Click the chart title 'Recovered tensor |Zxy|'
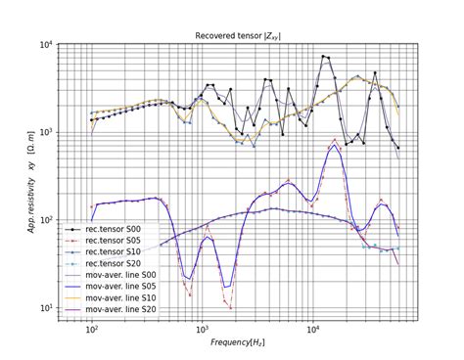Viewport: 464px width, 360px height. tap(238, 36)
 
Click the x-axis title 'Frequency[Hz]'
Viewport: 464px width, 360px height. tap(238, 342)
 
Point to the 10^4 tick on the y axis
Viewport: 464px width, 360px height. tap(48, 44)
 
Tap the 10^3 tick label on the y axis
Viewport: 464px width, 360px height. tap(48, 132)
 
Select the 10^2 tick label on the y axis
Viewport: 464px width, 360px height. tap(48, 220)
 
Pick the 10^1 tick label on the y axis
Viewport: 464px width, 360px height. tap(48, 308)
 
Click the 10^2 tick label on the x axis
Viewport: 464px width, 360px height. tap(92, 329)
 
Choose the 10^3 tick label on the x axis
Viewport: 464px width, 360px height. tap(203, 329)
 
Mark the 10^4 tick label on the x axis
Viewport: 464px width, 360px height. tap(313, 329)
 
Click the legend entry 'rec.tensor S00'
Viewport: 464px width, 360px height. tap(103, 229)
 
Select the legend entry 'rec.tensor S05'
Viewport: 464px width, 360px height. tap(103, 241)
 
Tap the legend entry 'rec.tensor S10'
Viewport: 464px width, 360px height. tap(103, 252)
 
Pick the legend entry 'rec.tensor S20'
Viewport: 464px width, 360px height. tap(103, 263)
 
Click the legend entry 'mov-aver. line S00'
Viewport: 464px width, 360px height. tap(111, 275)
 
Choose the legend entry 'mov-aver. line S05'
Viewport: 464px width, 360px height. tap(111, 287)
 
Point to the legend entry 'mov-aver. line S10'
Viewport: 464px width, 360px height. tap(111, 297)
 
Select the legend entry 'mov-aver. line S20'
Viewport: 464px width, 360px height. tap(111, 309)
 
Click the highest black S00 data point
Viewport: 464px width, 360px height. tap(323, 56)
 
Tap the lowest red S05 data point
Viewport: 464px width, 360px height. tap(231, 308)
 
